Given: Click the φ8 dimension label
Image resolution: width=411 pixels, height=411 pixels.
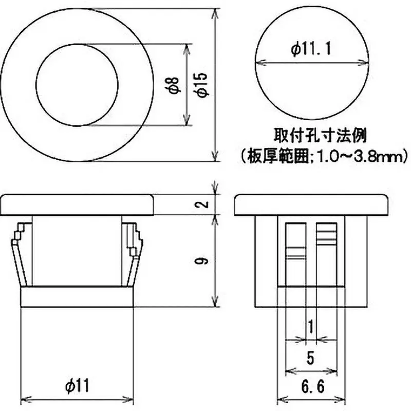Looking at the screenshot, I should [174, 85].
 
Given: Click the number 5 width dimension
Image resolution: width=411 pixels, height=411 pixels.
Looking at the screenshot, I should [310, 358].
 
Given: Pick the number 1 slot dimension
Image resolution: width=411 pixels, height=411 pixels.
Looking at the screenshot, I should [309, 326].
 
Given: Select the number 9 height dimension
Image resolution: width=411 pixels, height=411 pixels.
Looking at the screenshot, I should [204, 261].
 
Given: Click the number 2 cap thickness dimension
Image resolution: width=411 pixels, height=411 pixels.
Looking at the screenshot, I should [204, 204].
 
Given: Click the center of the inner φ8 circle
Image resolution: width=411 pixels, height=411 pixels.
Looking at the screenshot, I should [77, 84].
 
